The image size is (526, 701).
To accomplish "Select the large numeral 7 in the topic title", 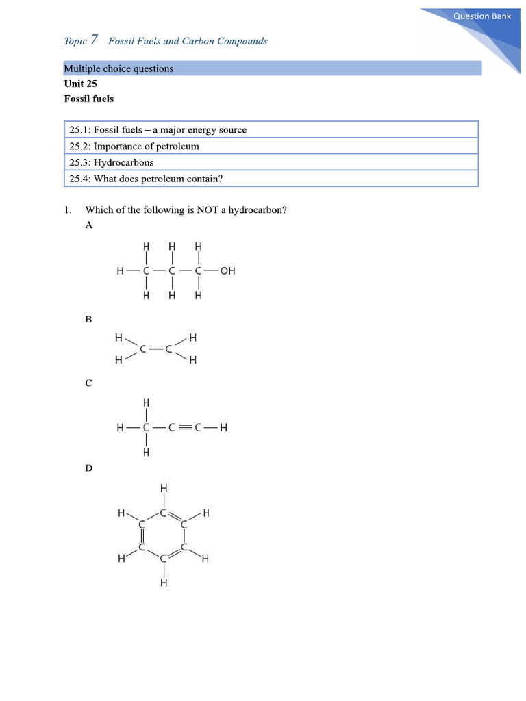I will click(x=94, y=40).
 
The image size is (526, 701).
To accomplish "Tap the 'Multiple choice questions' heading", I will click(x=118, y=68).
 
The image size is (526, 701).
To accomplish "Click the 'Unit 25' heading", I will click(x=80, y=84).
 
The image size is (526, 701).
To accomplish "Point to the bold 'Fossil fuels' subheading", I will click(x=89, y=99).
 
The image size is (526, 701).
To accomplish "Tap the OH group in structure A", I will click(x=227, y=270).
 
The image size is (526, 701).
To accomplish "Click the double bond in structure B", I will click(x=155, y=349).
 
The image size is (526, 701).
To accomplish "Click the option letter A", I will click(x=88, y=225).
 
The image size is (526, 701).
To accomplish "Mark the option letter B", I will click(x=88, y=319).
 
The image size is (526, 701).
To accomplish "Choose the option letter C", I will click(x=88, y=383).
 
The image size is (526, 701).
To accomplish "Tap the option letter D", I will click(x=88, y=468).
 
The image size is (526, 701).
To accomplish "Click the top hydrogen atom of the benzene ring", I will click(x=163, y=488).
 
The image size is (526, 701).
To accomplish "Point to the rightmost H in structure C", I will click(x=223, y=429).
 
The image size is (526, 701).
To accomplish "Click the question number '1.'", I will click(x=67, y=210).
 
